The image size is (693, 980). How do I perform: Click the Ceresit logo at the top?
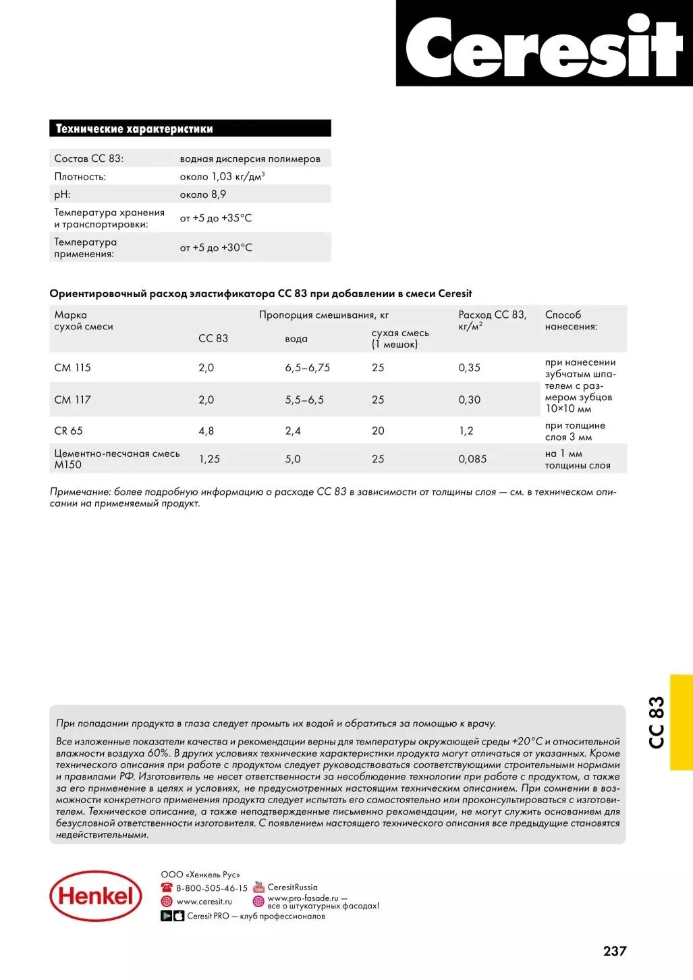(544, 46)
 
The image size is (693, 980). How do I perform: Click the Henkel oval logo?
(96, 896)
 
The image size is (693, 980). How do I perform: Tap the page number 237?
(615, 951)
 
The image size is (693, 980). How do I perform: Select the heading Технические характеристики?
(134, 129)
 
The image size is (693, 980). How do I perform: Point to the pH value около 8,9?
(203, 194)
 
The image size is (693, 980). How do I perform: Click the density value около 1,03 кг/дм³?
(222, 177)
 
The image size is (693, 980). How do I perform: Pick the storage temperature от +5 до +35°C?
(216, 218)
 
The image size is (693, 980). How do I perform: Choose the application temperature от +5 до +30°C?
(216, 248)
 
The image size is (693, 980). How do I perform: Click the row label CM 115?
(72, 368)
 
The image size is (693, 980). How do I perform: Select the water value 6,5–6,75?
(307, 368)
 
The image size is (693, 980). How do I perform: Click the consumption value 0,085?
(472, 459)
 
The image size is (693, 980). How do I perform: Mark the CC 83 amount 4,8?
(206, 431)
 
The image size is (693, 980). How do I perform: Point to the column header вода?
(296, 339)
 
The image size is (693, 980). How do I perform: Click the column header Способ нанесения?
(571, 321)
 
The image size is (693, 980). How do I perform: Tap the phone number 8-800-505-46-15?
(212, 888)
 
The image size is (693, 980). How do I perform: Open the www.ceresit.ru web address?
(204, 902)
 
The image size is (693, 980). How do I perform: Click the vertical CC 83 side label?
(657, 722)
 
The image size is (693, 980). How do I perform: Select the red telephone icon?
(167, 888)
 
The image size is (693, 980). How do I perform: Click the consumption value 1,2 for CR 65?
(466, 431)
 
